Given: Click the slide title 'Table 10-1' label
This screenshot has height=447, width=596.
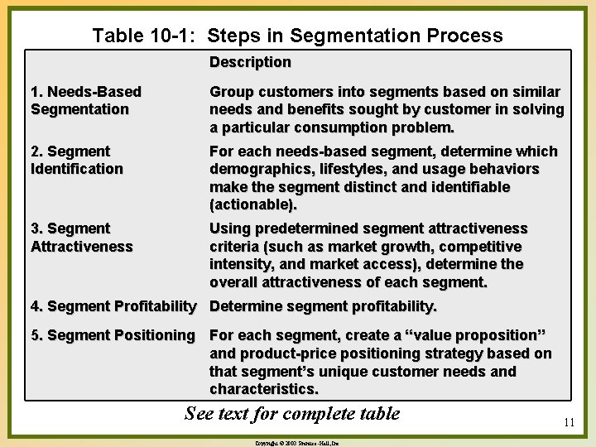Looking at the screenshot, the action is click(146, 36).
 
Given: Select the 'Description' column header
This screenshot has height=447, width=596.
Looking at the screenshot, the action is click(250, 62).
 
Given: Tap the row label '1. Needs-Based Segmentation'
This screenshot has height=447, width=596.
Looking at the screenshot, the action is click(85, 100).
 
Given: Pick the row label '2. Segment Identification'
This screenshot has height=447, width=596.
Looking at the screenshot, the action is click(76, 160).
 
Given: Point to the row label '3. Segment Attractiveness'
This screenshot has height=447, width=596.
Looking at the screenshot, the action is click(81, 237).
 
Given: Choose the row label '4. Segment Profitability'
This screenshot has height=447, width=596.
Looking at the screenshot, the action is click(113, 306).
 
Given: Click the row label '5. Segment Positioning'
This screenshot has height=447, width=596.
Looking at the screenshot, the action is click(113, 335).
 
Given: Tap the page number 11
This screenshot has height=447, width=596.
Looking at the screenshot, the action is click(569, 422).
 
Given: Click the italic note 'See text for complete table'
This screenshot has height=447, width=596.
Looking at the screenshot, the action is click(292, 413).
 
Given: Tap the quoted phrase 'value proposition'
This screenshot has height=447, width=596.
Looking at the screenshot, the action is click(472, 335).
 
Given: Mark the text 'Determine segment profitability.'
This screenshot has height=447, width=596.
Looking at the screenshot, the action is click(323, 306).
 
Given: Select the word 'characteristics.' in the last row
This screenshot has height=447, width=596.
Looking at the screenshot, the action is click(263, 389).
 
